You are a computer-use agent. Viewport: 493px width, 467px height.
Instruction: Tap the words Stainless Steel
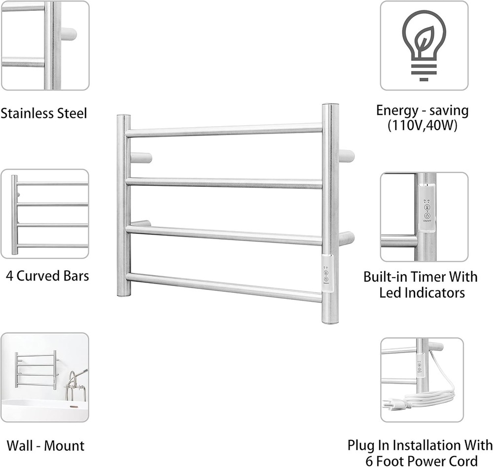tap(43, 113)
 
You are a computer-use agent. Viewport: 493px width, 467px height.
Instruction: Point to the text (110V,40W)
tap(423, 126)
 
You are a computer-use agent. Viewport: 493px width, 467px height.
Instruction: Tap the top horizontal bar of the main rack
tap(224, 131)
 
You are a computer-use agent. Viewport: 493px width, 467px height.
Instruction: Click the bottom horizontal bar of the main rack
tap(224, 287)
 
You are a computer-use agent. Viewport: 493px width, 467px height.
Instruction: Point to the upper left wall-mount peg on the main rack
tap(141, 158)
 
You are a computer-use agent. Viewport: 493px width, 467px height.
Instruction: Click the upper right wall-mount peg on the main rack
tap(346, 155)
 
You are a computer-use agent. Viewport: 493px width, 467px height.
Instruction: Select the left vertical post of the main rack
tap(124, 205)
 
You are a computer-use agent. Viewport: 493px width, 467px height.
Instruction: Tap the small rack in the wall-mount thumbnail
tap(35, 369)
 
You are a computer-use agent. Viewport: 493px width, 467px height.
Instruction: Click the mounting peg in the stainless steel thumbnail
tap(69, 34)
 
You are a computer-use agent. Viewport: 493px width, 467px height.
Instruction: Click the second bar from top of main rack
tap(224, 183)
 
